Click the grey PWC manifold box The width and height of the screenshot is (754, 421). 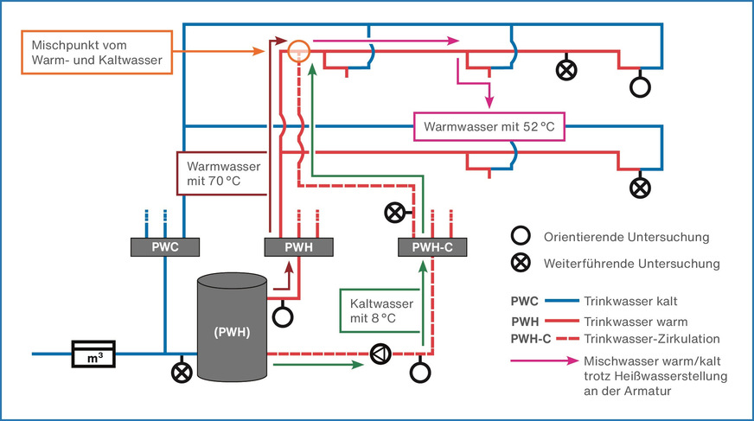point(165,247)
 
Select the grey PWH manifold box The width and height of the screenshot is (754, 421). point(298,247)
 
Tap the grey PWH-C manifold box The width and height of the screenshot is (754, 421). point(432,247)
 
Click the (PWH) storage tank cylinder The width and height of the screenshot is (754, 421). point(233,328)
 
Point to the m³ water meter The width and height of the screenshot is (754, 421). point(93,354)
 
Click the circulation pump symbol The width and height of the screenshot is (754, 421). point(380,354)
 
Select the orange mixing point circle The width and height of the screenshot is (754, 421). point(298,50)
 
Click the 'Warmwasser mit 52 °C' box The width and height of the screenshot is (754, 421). point(489,127)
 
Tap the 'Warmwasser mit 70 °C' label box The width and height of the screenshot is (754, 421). point(221,174)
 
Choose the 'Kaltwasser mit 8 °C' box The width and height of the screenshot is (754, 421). point(380,311)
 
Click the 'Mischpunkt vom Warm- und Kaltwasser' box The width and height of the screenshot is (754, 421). point(97,53)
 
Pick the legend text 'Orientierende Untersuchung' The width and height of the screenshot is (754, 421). point(627,237)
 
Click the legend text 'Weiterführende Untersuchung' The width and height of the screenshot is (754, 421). point(632,264)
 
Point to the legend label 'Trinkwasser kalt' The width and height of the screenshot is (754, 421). point(630,302)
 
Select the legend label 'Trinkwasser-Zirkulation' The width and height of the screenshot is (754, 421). point(652,339)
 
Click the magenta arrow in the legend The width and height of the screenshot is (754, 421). point(545,360)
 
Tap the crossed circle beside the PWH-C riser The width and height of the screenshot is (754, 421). point(395,213)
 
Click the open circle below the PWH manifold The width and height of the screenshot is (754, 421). point(283,317)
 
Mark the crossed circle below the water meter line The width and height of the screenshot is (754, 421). point(182,373)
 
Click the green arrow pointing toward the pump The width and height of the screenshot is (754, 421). point(318,365)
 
